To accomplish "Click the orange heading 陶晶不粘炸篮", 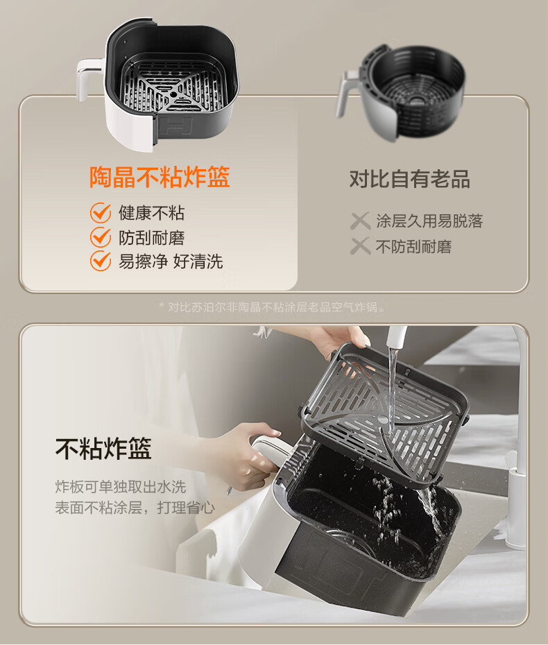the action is tap(160, 178).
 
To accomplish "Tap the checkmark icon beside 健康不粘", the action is tap(101, 213).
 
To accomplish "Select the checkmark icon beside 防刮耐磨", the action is tap(101, 237).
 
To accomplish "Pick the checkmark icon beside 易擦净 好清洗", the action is tap(101, 261).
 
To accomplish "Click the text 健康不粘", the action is tap(151, 213).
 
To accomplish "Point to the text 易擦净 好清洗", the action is tap(171, 261).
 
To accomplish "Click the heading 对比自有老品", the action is tap(410, 180).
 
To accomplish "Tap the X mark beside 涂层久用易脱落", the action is tap(361, 221).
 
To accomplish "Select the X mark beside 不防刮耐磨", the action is tap(361, 246).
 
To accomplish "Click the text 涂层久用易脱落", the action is tap(429, 221).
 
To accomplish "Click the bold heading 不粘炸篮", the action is tap(103, 448).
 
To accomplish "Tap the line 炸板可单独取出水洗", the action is tap(121, 487).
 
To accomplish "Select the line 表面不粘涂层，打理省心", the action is tap(135, 508).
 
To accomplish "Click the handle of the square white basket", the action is tap(87, 76).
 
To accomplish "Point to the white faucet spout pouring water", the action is tap(396, 336).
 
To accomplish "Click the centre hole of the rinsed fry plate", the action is tap(383, 420).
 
